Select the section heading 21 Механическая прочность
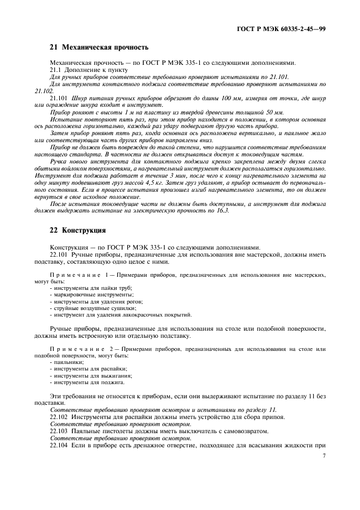(x=99, y=47)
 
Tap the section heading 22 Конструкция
(x=77, y=230)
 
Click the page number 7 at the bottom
(x=324, y=456)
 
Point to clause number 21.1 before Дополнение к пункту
(x=56, y=70)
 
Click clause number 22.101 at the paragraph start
(x=59, y=254)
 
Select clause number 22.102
(x=59, y=417)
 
